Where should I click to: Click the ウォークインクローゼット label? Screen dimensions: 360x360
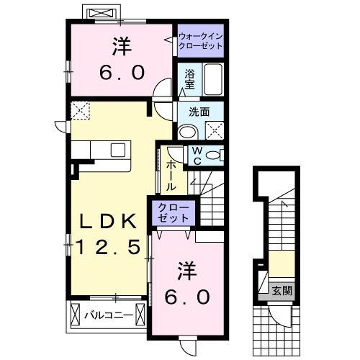pyautogui.click(x=199, y=39)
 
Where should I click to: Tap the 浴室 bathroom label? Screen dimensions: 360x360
pyautogui.click(x=189, y=78)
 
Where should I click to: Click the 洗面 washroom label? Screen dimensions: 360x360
pyautogui.click(x=199, y=112)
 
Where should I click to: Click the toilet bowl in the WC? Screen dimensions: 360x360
pyautogui.click(x=215, y=155)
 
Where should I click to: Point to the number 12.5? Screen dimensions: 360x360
pyautogui.click(x=106, y=248)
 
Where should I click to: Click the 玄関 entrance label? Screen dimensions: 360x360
pyautogui.click(x=282, y=291)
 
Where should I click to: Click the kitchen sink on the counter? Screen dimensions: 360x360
pyautogui.click(x=118, y=150)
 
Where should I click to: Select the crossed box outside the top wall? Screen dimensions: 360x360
pyautogui.click(x=99, y=14)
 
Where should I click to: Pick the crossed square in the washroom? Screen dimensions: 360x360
pyautogui.click(x=215, y=130)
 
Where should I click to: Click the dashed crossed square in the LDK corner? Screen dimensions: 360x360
pyautogui.click(x=79, y=110)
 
